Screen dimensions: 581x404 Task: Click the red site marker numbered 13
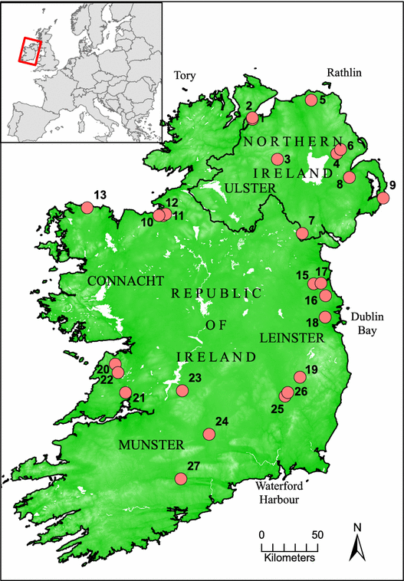click(87, 208)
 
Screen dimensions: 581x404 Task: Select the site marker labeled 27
click(181, 479)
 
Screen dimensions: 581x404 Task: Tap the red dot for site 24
click(209, 435)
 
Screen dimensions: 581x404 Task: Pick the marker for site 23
click(182, 391)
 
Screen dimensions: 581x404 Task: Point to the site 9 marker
click(383, 199)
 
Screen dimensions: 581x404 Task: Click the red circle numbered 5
click(311, 100)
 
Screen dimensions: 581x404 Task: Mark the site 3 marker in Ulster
click(277, 159)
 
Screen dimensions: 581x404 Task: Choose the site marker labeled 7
click(303, 233)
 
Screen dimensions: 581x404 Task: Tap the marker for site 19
click(300, 376)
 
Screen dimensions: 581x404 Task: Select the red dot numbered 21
click(125, 392)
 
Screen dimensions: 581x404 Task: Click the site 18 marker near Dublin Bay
click(325, 317)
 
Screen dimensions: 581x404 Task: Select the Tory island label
click(186, 76)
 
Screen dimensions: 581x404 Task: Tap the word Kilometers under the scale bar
click(290, 558)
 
